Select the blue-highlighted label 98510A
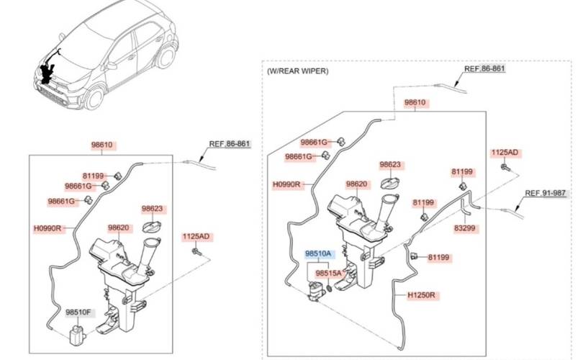(317, 254)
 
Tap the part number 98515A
(328, 274)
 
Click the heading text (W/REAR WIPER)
(297, 71)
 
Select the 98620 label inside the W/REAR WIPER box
(357, 184)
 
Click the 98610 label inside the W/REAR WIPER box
(415, 103)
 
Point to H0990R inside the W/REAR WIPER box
(286, 185)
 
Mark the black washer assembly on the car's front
(49, 72)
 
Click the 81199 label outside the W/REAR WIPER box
(94, 175)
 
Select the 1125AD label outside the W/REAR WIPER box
(195, 235)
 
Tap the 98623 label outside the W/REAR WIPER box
(153, 209)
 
